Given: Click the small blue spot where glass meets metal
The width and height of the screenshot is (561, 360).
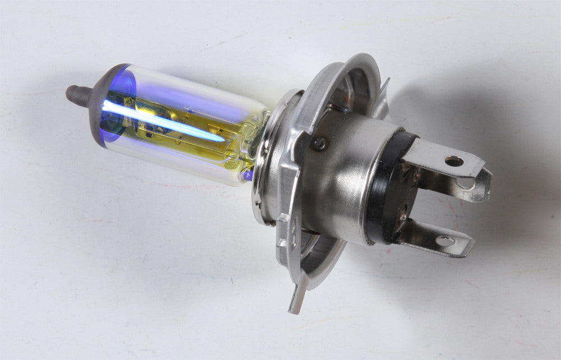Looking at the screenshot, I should (247, 175).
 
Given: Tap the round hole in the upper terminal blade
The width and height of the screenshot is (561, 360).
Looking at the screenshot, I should (454, 161).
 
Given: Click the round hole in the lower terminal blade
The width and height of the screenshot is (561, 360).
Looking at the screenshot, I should (445, 241).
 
